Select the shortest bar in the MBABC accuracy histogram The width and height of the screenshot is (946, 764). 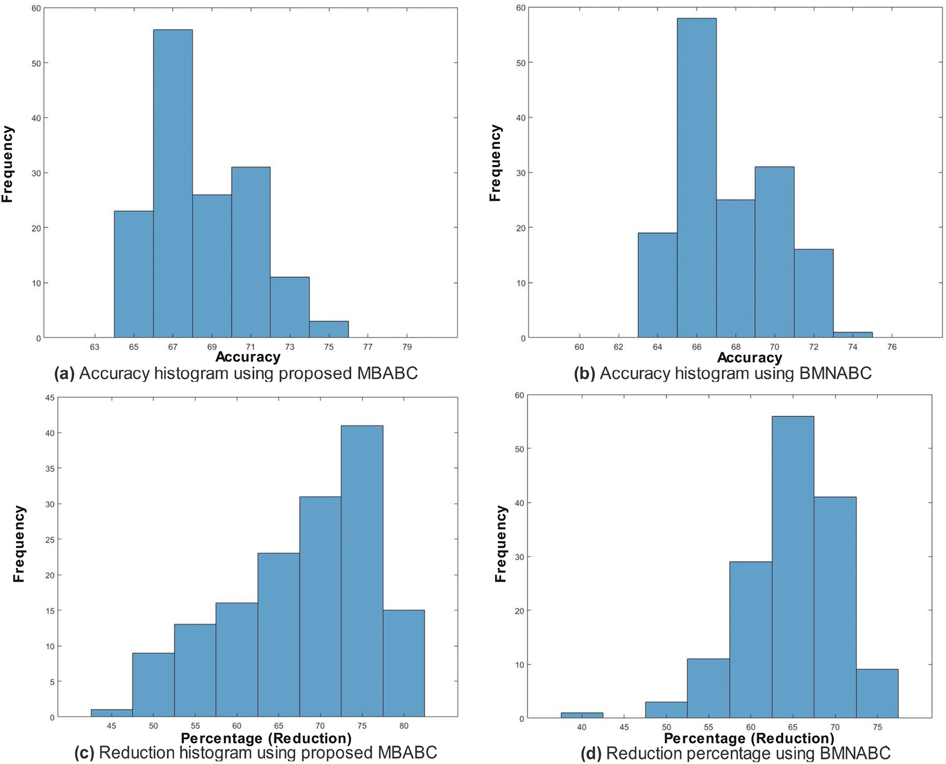pyautogui.click(x=329, y=330)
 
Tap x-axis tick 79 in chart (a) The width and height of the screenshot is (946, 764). pyautogui.click(x=407, y=347)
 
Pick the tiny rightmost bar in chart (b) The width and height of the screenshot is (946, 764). pyautogui.click(x=853, y=335)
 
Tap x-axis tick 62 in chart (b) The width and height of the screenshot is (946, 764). pyautogui.click(x=618, y=347)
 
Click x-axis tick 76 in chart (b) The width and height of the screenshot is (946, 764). pyautogui.click(x=892, y=347)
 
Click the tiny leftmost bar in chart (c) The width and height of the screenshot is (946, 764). pyautogui.click(x=112, y=713)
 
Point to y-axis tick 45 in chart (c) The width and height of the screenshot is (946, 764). pyautogui.click(x=49, y=397)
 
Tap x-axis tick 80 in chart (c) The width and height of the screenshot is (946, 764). pyautogui.click(x=404, y=726)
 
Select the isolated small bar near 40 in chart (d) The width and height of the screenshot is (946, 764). pyautogui.click(x=582, y=715)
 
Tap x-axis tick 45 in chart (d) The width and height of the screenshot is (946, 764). pyautogui.click(x=624, y=727)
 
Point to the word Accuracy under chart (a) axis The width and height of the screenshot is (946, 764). pyautogui.click(x=248, y=357)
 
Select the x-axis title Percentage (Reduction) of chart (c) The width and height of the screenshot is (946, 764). pyautogui.click(x=266, y=738)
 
